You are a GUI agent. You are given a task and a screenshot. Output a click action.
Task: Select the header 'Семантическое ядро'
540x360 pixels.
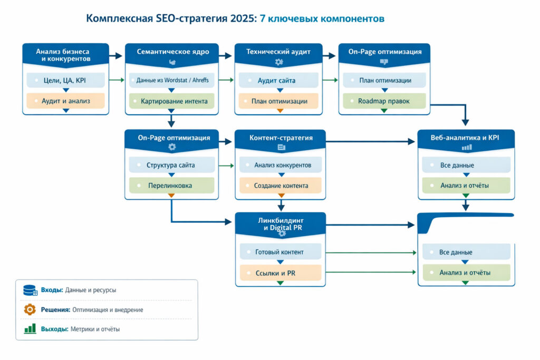coord(172,52)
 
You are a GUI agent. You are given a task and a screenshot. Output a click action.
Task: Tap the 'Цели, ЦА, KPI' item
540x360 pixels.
coord(66,81)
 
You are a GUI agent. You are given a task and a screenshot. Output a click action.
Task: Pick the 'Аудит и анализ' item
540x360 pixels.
coord(66,100)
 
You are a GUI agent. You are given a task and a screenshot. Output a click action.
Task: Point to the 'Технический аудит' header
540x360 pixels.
coord(278,52)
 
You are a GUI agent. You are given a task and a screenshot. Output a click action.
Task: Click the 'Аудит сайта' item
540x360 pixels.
coord(278,81)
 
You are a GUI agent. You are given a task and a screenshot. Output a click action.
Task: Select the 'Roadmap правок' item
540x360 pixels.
coord(383,101)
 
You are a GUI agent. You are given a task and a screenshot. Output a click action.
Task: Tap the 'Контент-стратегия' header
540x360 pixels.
coord(280,138)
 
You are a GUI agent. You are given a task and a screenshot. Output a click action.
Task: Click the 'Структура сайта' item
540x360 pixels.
coord(171,165)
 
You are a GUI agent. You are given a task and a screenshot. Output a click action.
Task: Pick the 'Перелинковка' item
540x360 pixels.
coord(171,186)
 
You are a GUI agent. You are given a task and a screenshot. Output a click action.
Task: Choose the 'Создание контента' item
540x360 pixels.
coord(280,186)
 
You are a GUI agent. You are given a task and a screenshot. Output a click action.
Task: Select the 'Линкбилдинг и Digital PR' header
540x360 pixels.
coord(280,223)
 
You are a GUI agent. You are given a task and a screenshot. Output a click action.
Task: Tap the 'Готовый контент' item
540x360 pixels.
coord(280,252)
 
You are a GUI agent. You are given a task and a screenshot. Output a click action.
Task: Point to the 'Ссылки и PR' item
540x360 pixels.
coord(280,273)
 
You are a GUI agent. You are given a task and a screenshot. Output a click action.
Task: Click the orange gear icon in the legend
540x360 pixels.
coord(30,309)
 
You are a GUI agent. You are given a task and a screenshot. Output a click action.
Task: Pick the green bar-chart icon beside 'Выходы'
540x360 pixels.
coord(30,329)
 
